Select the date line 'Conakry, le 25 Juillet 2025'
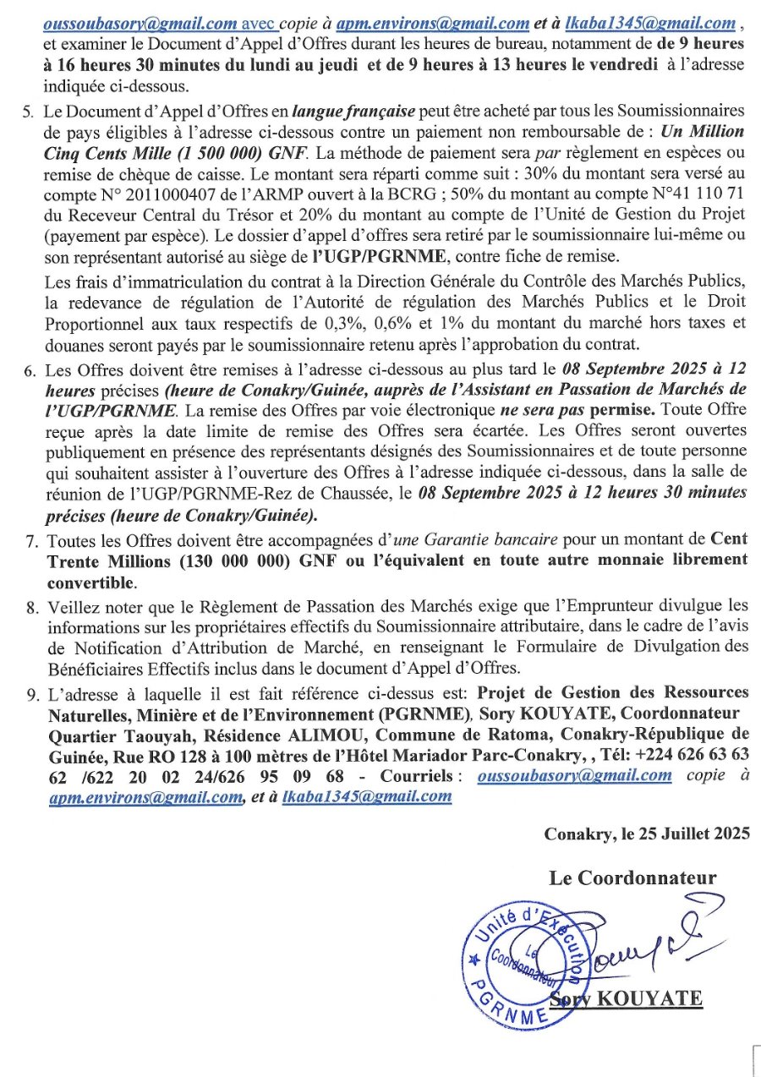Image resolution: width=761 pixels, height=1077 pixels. tap(647, 834)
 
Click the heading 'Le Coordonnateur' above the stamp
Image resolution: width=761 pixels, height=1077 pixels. tap(632, 877)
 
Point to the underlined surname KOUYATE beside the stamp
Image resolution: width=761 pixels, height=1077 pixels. tap(649, 998)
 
